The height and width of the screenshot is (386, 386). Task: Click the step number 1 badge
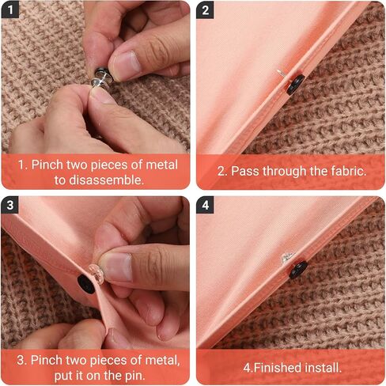coord(10,9)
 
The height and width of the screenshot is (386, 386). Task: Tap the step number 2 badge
coord(205,9)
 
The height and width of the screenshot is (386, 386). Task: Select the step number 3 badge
coord(9,205)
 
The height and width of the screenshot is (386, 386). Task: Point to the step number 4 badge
coord(205,205)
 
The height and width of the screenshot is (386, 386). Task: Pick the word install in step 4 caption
coord(323,368)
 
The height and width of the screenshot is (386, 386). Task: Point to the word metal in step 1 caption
coord(161,165)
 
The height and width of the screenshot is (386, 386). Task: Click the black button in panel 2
coord(296,85)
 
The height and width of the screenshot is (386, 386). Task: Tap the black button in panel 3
coord(86,284)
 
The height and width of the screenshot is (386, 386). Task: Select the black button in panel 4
coord(298,270)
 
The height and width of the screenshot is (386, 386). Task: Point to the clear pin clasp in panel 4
coord(287,258)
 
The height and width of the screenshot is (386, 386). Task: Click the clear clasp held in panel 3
coord(96,274)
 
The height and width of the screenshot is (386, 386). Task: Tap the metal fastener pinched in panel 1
coord(100,78)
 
